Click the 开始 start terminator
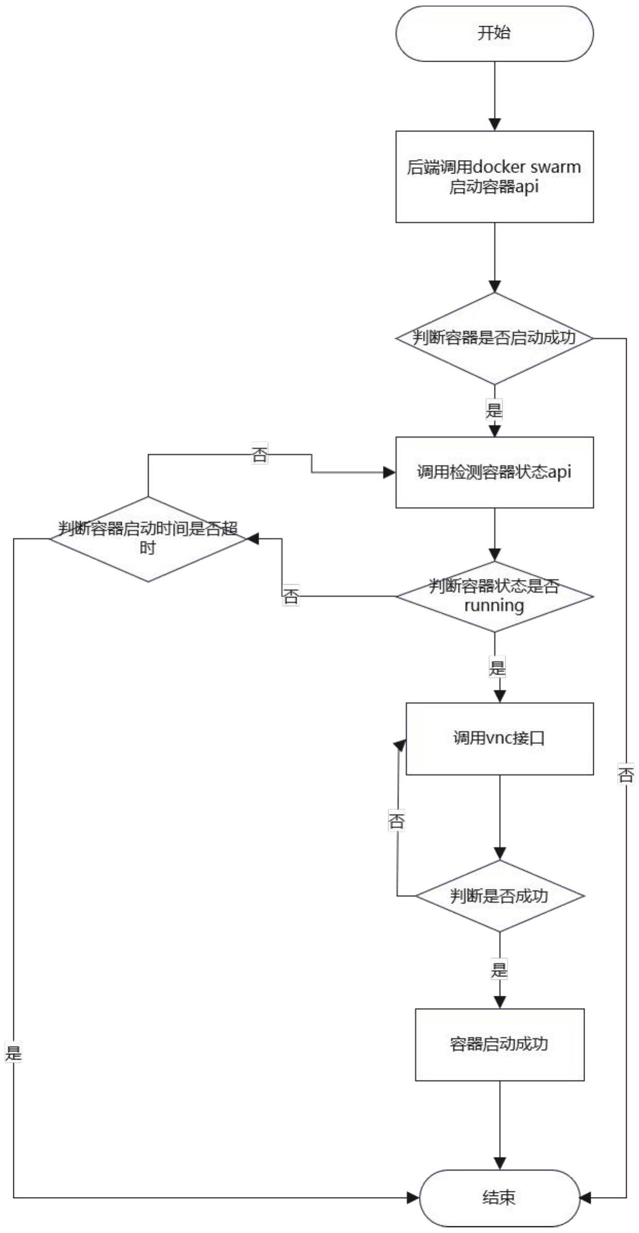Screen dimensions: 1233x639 494,34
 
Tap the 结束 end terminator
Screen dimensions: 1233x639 499,1198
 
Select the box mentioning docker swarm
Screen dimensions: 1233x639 494,177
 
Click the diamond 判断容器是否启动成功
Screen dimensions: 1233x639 494,338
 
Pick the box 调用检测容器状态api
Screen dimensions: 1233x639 494,472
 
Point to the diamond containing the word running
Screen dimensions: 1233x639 494,596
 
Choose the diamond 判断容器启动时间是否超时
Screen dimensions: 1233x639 148,539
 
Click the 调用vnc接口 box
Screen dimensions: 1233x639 499,738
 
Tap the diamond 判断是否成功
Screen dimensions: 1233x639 499,896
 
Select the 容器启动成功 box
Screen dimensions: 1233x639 499,1044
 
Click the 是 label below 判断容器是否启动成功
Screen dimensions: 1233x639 494,410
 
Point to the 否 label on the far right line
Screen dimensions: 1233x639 626,774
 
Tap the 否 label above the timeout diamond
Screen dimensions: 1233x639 259,454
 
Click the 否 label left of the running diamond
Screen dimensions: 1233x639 291,596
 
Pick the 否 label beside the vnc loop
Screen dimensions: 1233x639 397,820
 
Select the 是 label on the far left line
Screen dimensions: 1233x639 13,1053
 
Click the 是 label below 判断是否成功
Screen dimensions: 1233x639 499,970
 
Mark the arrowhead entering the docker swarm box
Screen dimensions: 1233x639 494,125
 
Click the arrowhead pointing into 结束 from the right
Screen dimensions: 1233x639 586,1198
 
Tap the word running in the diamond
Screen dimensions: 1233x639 494,605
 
